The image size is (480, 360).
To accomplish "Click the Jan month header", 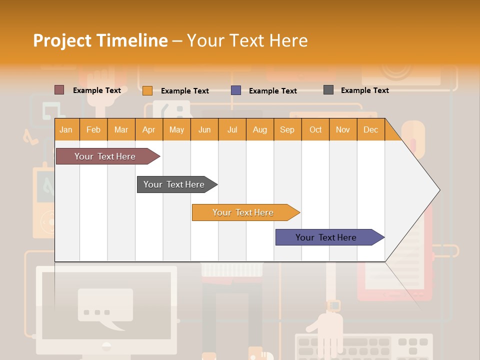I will [66, 130].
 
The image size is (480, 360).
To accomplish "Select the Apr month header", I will [148, 130].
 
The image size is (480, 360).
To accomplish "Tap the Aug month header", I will [259, 130].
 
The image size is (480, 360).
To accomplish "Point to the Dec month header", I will [370, 130].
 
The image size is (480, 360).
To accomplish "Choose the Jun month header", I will [204, 130].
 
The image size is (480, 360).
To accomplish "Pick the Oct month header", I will [315, 130].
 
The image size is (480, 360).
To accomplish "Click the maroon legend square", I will [59, 90].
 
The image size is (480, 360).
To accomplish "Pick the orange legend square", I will [147, 90].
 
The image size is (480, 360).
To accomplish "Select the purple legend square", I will [236, 90].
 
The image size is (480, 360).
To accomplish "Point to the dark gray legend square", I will [328, 90].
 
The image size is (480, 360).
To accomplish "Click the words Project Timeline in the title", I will [100, 40].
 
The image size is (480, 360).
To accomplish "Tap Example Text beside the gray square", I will [364, 90].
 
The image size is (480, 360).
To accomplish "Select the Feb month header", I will [93, 130].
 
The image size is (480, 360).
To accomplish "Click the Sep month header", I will [287, 130].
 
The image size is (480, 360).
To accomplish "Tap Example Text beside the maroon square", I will [97, 90].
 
